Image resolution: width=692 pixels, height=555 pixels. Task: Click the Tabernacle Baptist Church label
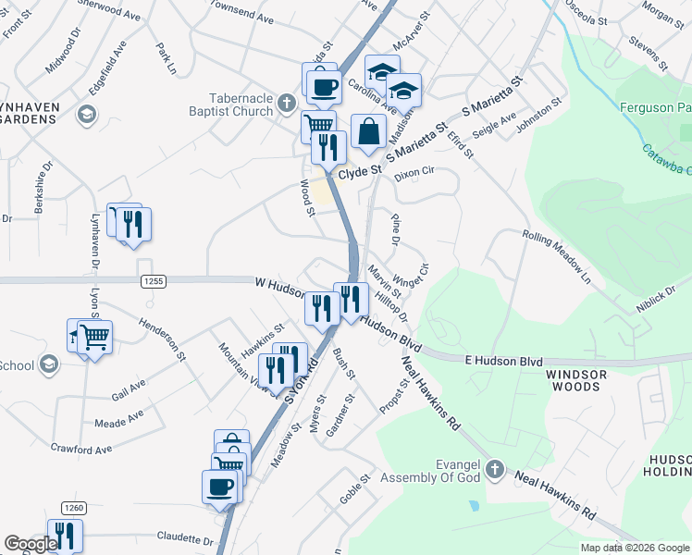tap(240, 105)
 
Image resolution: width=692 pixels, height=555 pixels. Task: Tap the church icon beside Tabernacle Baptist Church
tap(287, 104)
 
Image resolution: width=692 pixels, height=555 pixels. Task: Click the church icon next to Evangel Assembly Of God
tap(494, 470)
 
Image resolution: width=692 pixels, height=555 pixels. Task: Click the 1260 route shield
tap(74, 508)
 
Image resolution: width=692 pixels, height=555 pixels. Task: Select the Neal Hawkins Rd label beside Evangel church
tap(555, 495)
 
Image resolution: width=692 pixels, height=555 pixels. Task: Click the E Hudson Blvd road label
tap(504, 360)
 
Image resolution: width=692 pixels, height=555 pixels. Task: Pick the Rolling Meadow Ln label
tap(556, 256)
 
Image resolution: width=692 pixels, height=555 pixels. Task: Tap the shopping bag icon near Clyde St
tap(368, 131)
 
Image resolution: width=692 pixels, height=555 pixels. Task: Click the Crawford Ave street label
tap(81, 450)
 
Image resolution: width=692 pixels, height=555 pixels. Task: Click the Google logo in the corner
tap(31, 544)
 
